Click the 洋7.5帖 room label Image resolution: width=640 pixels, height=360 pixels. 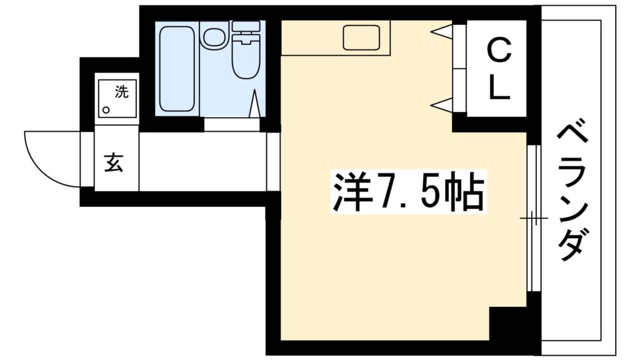tap(409, 192)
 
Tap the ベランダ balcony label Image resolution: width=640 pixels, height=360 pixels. tap(572, 192)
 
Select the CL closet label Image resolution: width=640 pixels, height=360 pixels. tap(498, 68)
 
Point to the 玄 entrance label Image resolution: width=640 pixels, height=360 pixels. tap(114, 162)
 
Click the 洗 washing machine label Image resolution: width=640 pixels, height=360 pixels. tap(121, 92)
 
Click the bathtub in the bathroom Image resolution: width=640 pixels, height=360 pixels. tap(177, 69)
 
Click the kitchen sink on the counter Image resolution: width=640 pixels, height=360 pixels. tap(362, 37)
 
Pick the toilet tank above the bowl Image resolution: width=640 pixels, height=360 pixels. tap(246, 26)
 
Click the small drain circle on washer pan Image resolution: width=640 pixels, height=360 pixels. tap(106, 110)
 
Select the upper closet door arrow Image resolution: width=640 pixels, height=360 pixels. tap(442, 31)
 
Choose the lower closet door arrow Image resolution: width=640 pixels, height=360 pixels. tap(442, 105)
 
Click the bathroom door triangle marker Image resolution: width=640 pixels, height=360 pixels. tap(254, 104)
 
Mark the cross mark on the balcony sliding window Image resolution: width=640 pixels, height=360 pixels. tap(534, 218)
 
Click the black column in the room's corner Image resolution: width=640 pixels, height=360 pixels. tap(507, 324)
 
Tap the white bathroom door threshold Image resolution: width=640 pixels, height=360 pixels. tap(232, 124)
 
